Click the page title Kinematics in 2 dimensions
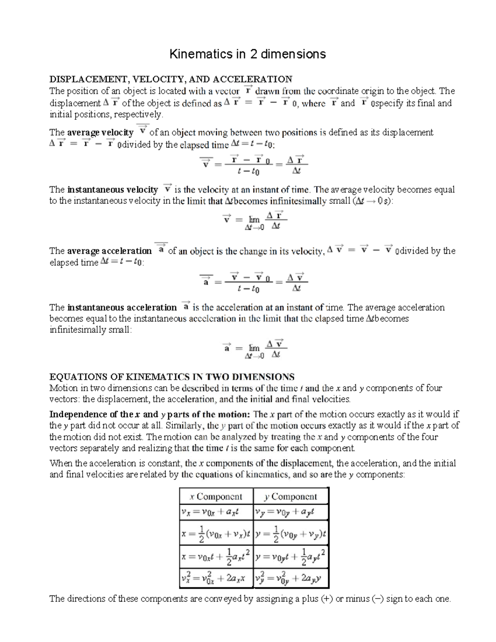pos(248,54)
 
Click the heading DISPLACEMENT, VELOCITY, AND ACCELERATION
pos(171,79)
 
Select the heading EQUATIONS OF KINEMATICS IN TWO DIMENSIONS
pos(172,377)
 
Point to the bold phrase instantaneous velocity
pos(112,190)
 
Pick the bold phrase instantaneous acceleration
pos(122,308)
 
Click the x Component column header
pos(216,496)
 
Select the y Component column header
pos(291,496)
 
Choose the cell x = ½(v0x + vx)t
pos(216,533)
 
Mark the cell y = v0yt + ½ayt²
pos(291,556)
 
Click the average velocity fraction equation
pos(253,165)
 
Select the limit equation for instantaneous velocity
pos(253,220)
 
